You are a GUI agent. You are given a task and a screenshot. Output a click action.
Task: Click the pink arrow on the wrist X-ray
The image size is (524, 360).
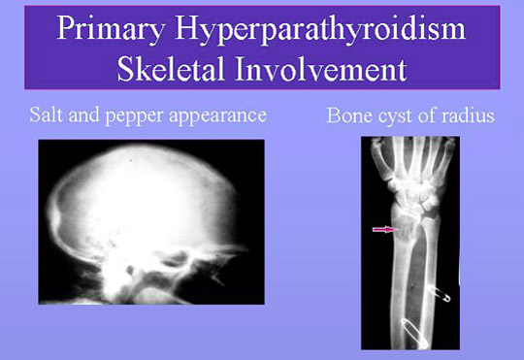pos(385,230)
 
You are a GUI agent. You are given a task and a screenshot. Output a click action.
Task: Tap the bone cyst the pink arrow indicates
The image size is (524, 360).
pos(406,233)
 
